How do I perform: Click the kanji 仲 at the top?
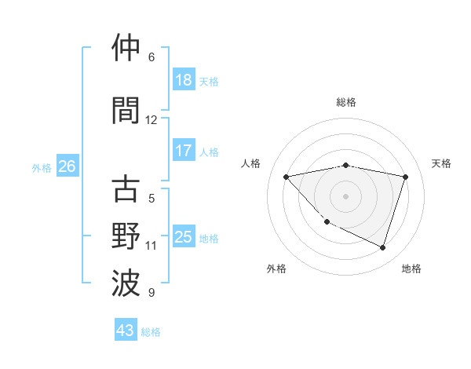[x=126, y=48]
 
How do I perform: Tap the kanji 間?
[x=126, y=109]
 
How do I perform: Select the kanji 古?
[x=126, y=189]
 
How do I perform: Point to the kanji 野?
[x=126, y=236]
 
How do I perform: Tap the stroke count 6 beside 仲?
[x=152, y=57]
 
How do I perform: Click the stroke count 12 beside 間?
[x=152, y=120]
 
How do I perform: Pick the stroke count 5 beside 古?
[x=152, y=199]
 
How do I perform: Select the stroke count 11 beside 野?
[x=152, y=246]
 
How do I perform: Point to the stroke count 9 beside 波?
[x=152, y=293]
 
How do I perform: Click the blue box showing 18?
[x=184, y=80]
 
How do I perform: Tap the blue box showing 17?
[x=184, y=151]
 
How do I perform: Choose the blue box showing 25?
[x=184, y=237]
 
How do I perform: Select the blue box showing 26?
[x=67, y=166]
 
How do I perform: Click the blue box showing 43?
[x=126, y=331]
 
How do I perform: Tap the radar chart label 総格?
[x=346, y=102]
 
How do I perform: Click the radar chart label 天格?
[x=442, y=163]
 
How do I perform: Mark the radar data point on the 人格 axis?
[x=287, y=177]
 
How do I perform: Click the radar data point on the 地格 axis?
[x=382, y=248]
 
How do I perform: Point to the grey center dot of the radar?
[x=346, y=195]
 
